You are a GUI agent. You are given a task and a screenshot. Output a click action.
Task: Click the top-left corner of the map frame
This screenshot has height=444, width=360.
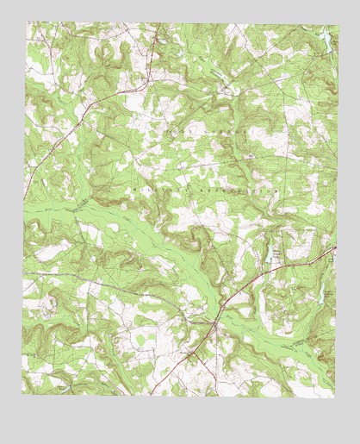[26, 23]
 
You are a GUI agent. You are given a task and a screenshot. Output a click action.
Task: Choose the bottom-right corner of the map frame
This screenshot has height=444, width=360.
[336, 397]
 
